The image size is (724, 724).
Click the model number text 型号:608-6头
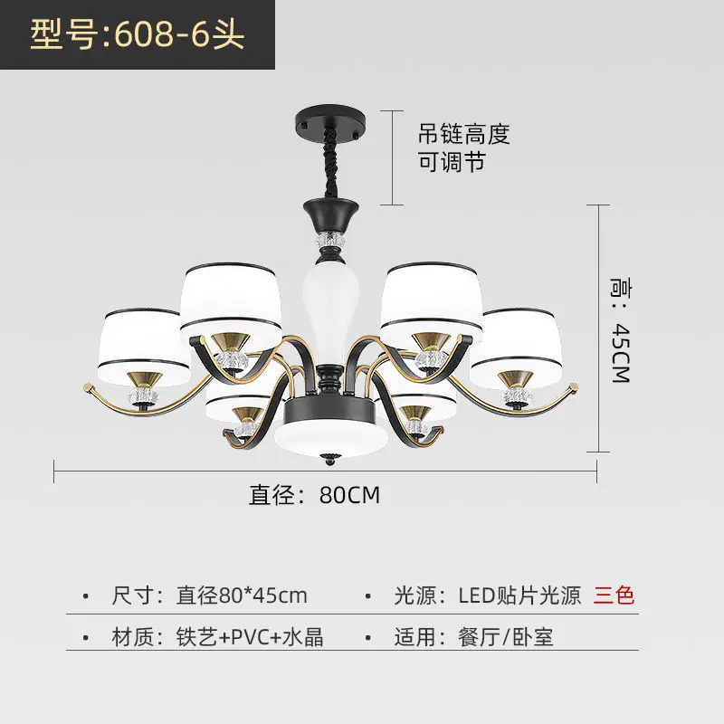(138, 36)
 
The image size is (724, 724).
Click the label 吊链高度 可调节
(463, 148)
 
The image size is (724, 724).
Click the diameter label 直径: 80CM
(314, 495)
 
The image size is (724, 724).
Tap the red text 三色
(614, 595)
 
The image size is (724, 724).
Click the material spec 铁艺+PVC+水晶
(250, 636)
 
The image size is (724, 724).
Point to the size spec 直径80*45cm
(242, 595)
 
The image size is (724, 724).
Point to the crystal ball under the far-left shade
(142, 396)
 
